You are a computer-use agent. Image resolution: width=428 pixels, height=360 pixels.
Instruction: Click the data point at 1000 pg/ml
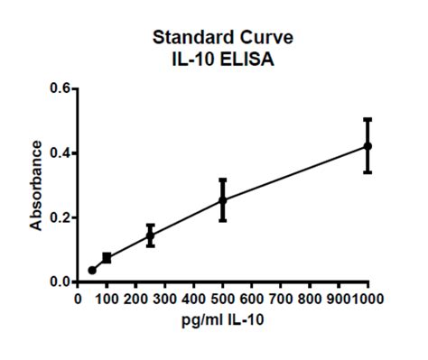coord(368,145)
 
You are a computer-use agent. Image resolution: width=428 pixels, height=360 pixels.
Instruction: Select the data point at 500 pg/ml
coord(222,200)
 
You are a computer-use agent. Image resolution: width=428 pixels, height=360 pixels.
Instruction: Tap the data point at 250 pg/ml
coord(150,235)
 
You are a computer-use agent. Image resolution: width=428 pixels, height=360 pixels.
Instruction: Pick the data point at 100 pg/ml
coord(107,258)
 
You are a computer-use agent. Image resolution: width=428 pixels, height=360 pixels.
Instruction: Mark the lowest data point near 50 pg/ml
coord(92,270)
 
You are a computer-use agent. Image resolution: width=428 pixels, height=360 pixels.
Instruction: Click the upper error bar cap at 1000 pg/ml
coord(368,118)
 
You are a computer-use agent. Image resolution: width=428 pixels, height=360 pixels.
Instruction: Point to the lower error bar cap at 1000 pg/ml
coord(368,171)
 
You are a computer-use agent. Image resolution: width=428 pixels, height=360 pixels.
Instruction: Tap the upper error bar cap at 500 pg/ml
coord(222,180)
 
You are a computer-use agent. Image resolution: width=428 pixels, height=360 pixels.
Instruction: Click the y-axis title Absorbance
coord(36,185)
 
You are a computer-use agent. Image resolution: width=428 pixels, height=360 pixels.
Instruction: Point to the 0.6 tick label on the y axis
coord(59,88)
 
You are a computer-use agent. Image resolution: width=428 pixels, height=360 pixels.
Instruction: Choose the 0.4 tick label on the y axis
coord(59,153)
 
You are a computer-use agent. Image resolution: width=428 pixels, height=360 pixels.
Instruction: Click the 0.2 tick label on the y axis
coord(59,217)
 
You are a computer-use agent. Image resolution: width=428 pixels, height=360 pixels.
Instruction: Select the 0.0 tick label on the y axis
coord(59,282)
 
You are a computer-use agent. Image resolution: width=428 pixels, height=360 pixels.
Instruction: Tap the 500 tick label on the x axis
coord(222,297)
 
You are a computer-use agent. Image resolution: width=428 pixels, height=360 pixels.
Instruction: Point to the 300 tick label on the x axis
coord(164,297)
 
